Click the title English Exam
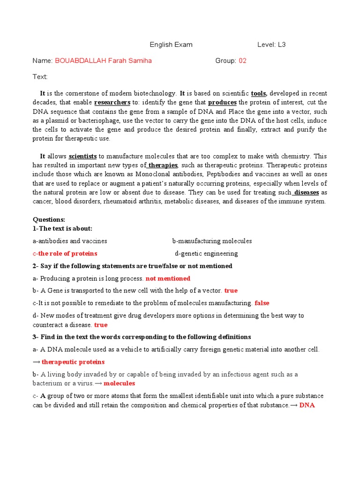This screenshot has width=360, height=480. coord(171,45)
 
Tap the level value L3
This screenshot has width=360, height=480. coord(281,45)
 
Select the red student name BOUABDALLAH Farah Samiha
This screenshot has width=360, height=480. coord(103,61)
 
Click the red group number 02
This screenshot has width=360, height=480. coord(242,61)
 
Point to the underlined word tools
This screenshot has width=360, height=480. coord(259,93)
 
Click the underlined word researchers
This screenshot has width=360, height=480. coord(112,103)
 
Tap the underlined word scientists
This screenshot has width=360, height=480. coord(83,157)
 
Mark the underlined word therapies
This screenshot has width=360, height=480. coord(163,165)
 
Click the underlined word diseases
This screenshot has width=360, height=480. coord(307,193)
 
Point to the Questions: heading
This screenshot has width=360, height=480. coord(49,219)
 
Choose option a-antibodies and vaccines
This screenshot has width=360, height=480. coord(70,241)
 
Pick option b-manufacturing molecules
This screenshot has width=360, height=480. coord(212,241)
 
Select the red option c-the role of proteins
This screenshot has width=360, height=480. coord(65,254)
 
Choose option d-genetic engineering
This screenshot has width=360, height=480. coord(206,254)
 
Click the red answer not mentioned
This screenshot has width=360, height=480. coord(168,278)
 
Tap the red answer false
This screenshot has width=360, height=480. coord(262,303)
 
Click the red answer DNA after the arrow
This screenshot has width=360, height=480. coord(307,405)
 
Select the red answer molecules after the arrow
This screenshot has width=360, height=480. coord(119,383)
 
